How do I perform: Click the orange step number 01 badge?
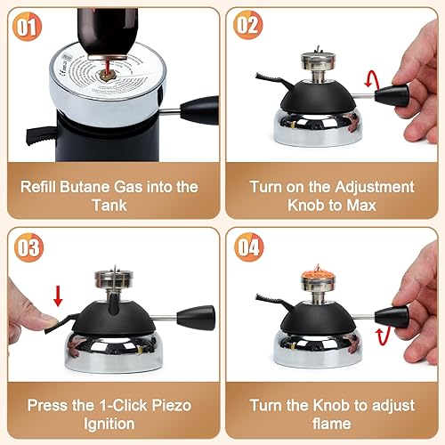28,27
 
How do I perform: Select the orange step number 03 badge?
28,248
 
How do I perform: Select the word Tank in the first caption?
111,205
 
